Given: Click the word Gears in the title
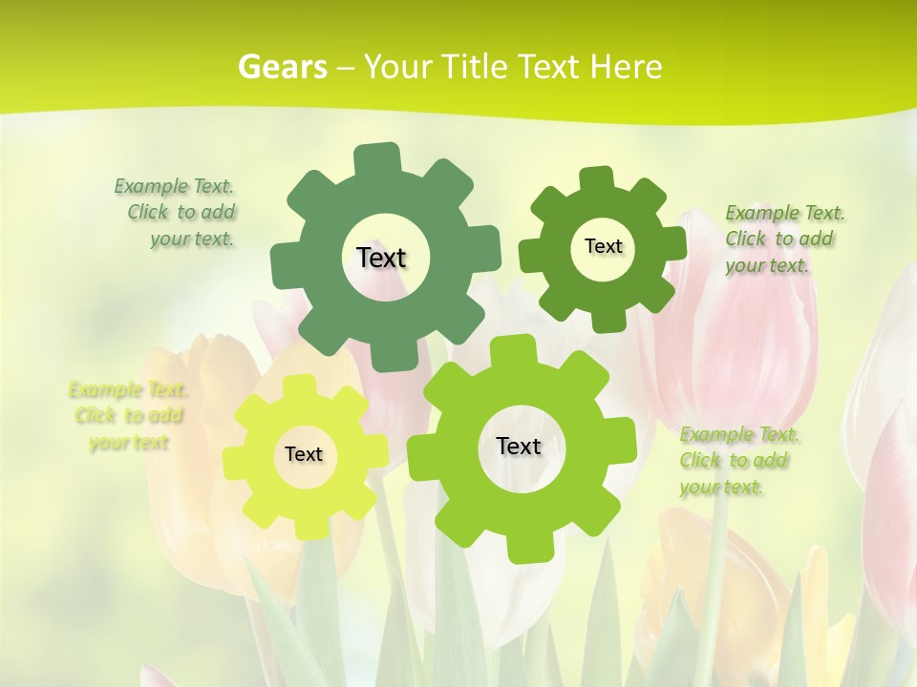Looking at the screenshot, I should [x=282, y=67].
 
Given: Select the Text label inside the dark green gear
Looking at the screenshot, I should [x=381, y=258].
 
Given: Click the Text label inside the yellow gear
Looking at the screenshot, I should [x=304, y=454].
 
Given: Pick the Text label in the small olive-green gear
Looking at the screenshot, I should [x=603, y=246].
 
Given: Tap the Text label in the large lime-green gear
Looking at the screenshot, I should [x=519, y=446].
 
